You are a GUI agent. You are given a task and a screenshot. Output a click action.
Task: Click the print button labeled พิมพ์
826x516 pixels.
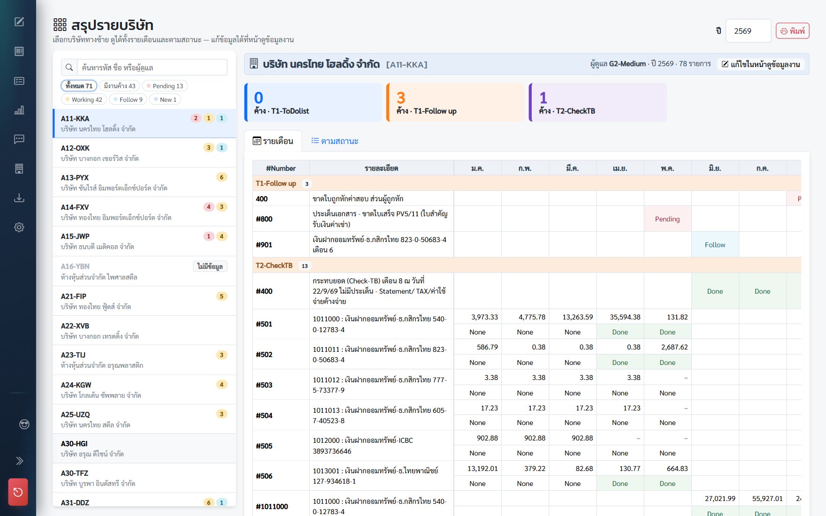(792, 31)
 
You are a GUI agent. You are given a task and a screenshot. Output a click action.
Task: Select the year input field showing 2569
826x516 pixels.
(748, 31)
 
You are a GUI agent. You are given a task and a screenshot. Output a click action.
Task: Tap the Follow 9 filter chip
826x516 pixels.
(128, 99)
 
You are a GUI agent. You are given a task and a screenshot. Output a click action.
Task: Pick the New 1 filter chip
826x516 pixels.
(165, 99)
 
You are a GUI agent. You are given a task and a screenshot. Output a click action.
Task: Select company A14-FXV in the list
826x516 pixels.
(145, 212)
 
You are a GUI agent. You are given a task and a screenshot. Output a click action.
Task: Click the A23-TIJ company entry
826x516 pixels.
(145, 360)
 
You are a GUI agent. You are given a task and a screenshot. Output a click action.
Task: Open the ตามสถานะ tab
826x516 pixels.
(335, 141)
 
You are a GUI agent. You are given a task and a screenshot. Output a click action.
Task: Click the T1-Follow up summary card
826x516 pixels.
(455, 102)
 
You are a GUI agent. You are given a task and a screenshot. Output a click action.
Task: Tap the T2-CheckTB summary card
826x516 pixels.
(597, 102)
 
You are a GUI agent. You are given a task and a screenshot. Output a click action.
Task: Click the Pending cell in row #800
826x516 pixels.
(667, 219)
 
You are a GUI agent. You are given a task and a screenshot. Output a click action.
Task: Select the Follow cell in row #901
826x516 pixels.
(715, 245)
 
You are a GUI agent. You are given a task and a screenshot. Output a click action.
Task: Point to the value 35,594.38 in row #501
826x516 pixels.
(625, 317)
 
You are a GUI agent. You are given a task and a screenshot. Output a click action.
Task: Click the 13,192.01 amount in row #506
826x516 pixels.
(482, 469)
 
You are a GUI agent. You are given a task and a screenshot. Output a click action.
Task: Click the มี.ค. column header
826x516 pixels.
(572, 168)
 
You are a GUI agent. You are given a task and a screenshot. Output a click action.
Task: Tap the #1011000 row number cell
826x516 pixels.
(272, 507)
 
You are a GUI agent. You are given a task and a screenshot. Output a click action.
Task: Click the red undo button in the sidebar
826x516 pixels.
(18, 492)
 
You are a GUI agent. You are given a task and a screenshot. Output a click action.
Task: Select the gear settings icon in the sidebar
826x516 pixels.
(19, 228)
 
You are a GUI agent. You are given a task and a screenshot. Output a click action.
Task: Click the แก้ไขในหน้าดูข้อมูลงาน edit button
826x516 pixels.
(761, 64)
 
